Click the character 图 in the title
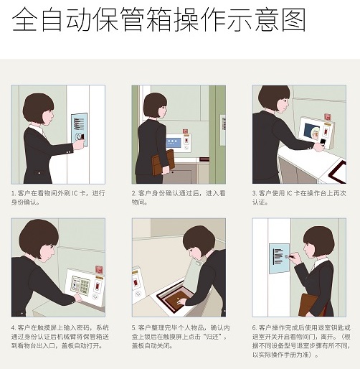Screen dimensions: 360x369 click(x=294, y=19)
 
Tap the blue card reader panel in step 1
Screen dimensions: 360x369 click(x=80, y=129)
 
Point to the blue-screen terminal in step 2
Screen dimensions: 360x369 click(x=179, y=143)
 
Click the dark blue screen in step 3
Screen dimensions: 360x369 click(x=312, y=132)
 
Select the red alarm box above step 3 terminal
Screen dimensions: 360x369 click(x=328, y=117)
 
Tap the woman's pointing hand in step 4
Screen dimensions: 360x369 click(x=77, y=297)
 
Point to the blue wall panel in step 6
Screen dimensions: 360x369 click(x=280, y=258)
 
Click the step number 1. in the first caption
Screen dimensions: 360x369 click(x=14, y=193)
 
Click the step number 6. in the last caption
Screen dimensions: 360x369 click(x=255, y=327)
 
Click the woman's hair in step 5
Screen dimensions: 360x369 click(x=199, y=240)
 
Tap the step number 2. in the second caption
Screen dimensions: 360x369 click(x=134, y=193)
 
